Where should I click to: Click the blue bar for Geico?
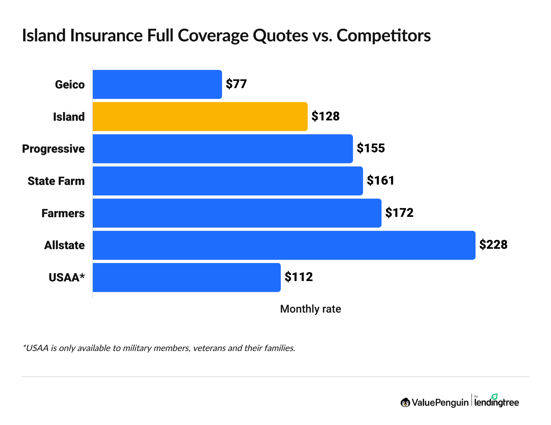click(157, 84)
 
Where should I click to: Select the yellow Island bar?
click(200, 116)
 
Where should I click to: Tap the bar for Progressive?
click(223, 149)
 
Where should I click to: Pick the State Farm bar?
click(228, 181)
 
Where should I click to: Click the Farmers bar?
click(237, 213)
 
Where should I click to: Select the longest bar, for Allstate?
click(284, 245)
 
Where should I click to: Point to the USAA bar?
click(186, 277)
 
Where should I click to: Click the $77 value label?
click(236, 84)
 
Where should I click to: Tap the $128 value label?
click(326, 116)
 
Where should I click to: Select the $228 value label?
click(493, 245)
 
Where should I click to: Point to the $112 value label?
click(299, 277)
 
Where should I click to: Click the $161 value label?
click(381, 181)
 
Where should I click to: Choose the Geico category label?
click(70, 85)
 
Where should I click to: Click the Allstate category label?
click(65, 245)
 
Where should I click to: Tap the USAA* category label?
click(67, 278)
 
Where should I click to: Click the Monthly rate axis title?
click(311, 309)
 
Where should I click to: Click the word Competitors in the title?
click(384, 36)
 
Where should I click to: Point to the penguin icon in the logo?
click(405, 402)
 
